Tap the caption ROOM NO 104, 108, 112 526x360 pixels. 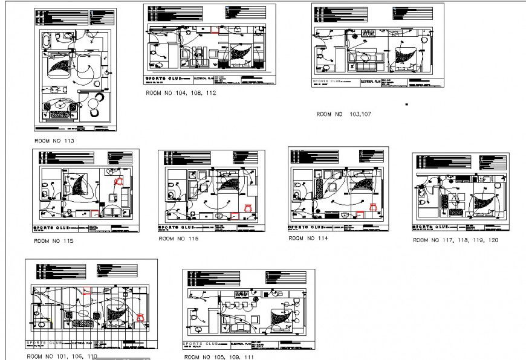[180, 94]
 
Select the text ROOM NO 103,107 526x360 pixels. [343, 114]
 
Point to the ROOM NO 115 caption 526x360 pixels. [54, 241]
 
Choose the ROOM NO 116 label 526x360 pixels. [178, 239]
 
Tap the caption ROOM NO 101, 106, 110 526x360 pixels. [61, 356]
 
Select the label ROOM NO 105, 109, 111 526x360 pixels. [219, 357]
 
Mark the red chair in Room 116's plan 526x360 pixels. [247, 207]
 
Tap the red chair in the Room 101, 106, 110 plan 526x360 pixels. [141, 316]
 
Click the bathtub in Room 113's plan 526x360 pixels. [47, 41]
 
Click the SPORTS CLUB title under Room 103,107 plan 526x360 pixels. [326, 81]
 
